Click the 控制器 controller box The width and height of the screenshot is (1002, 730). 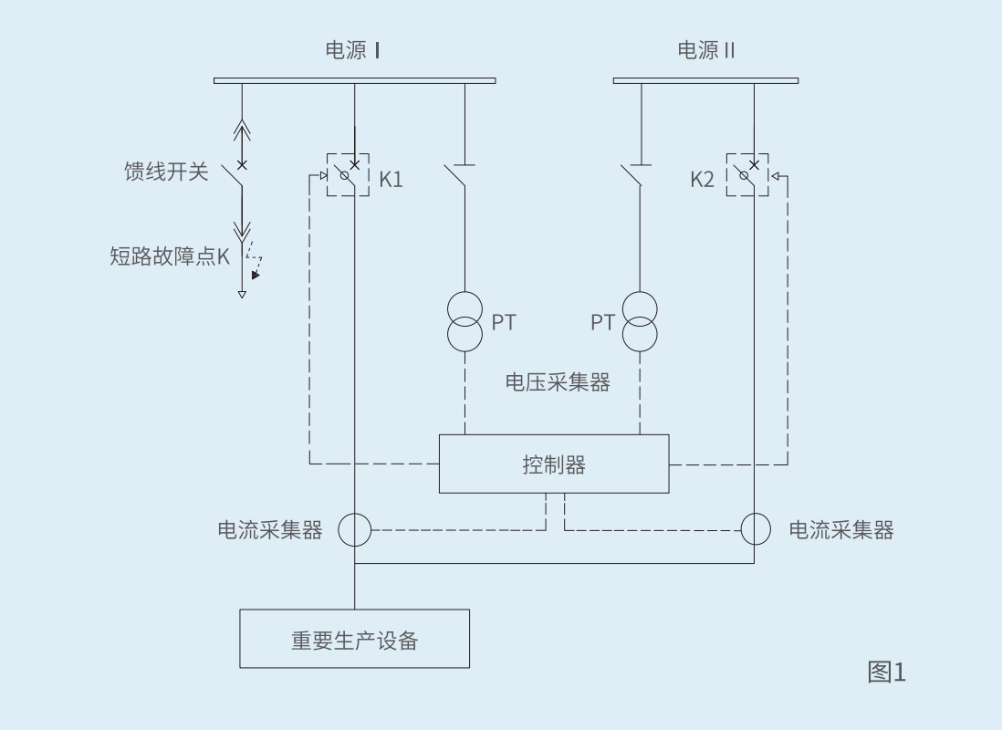(x=553, y=464)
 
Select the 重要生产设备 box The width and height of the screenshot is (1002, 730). (x=354, y=639)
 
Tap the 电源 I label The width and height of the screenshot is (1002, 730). (x=353, y=50)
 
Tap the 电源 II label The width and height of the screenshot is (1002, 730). (x=705, y=50)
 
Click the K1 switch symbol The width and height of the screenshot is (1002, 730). (x=348, y=174)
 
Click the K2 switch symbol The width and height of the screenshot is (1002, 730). (x=747, y=174)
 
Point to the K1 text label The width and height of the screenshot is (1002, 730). (x=391, y=179)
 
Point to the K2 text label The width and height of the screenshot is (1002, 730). (x=703, y=179)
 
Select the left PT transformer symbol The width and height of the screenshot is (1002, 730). (x=464, y=321)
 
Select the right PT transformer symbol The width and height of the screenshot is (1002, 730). (x=639, y=321)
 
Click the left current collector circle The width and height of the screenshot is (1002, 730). (x=355, y=529)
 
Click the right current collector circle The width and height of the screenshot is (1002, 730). (x=756, y=528)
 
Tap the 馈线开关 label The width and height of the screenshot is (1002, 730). (x=166, y=171)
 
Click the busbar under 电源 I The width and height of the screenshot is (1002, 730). (x=354, y=80)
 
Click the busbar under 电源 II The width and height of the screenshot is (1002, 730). (x=705, y=80)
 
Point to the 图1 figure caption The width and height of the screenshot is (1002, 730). (x=885, y=673)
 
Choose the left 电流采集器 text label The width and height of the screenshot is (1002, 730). (x=270, y=530)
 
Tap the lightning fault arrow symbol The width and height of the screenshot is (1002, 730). (x=254, y=262)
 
